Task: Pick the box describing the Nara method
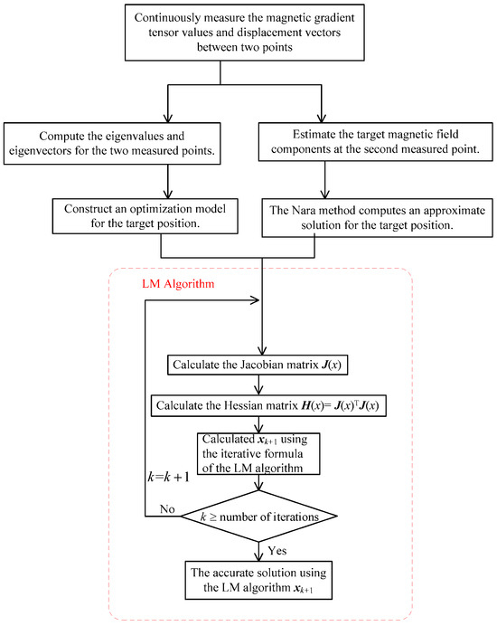pos(372,216)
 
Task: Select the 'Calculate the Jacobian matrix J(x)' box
pos(260,365)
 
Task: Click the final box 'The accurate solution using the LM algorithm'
pos(260,579)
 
